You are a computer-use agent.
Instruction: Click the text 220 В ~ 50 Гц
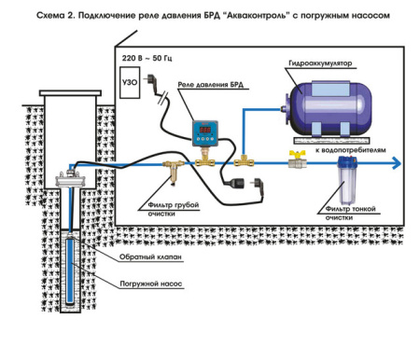[150, 57]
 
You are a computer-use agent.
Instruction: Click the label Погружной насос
[144, 282]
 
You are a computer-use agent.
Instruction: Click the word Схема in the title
[45, 15]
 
